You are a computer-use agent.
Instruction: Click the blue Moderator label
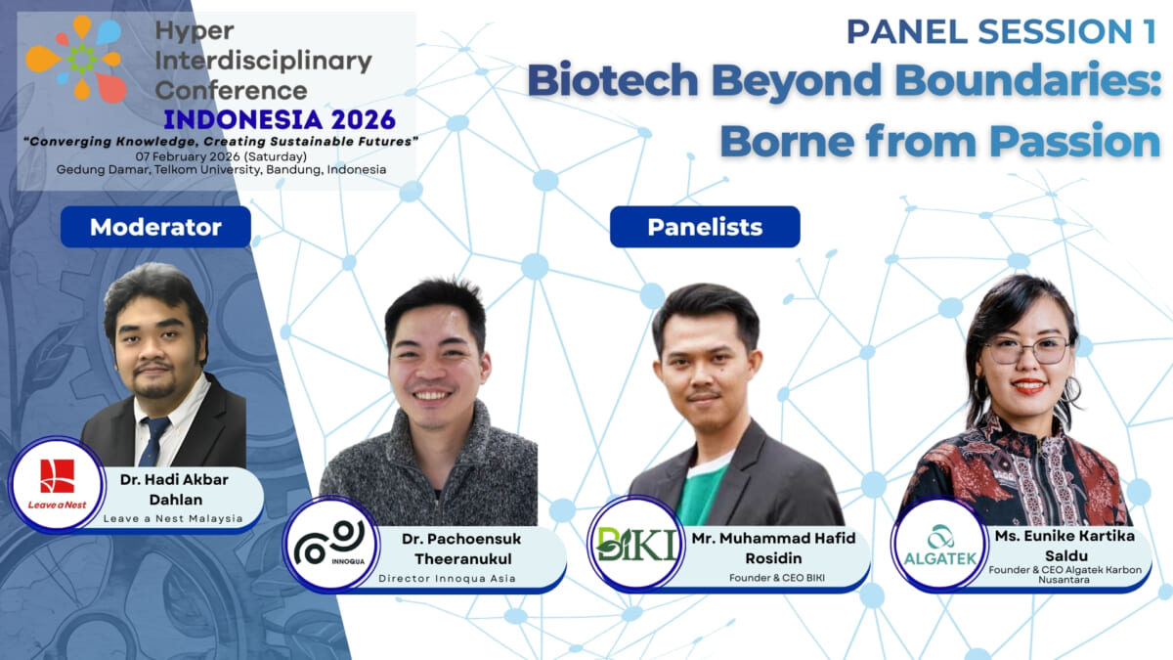pyautogui.click(x=155, y=227)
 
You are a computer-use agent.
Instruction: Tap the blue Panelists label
pyautogui.click(x=705, y=227)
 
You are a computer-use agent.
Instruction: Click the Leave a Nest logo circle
pyautogui.click(x=57, y=483)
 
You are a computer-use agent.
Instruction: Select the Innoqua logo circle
pyautogui.click(x=329, y=544)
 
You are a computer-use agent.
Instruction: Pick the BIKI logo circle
pyautogui.click(x=636, y=544)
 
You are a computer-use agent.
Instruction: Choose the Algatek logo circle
pyautogui.click(x=938, y=544)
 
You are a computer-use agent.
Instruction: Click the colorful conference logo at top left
pyautogui.click(x=75, y=59)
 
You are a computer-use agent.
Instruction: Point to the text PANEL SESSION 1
pyautogui.click(x=1000, y=31)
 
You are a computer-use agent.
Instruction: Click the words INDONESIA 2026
pyautogui.click(x=280, y=119)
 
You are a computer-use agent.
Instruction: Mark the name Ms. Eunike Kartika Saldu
pyautogui.click(x=1064, y=548)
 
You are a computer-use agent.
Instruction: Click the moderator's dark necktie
pyautogui.click(x=152, y=441)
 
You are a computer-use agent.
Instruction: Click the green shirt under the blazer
pyautogui.click(x=704, y=493)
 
